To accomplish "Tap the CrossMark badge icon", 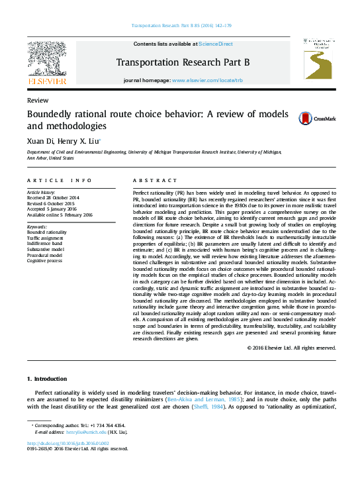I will coord(287,119).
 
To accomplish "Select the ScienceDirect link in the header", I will coord(216,44).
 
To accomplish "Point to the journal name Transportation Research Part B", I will coord(183,62).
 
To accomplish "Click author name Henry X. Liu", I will coord(80,140).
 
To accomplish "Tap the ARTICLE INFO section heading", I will coord(59,181).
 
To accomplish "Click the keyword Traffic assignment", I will coord(46,238).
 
